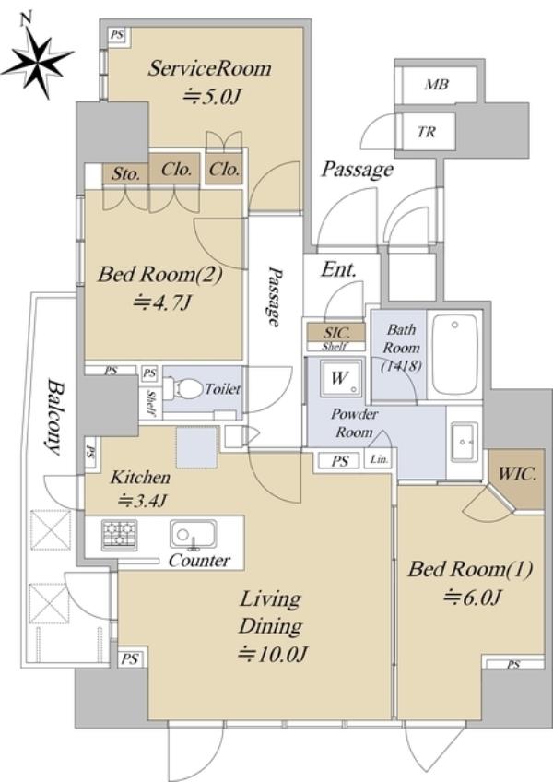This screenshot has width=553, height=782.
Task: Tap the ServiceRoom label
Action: click(209, 68)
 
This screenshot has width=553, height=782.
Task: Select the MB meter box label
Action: click(436, 85)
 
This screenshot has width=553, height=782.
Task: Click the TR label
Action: click(427, 132)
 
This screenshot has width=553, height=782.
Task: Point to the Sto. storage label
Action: click(125, 174)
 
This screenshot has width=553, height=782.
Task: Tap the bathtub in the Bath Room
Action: click(454, 354)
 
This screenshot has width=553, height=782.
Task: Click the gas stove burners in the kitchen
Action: click(119, 534)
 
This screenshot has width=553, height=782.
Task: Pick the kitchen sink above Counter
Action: click(193, 535)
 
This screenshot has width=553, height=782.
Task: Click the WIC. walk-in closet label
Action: click(517, 474)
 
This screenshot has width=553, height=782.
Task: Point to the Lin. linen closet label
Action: click(380, 460)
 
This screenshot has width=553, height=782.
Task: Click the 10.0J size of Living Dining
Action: click(272, 654)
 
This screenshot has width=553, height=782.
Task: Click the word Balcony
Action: click(56, 417)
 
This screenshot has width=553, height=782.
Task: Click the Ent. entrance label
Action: click(339, 270)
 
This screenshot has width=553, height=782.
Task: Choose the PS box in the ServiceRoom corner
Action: click(117, 35)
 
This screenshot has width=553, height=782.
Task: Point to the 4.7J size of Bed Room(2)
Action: click(162, 302)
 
